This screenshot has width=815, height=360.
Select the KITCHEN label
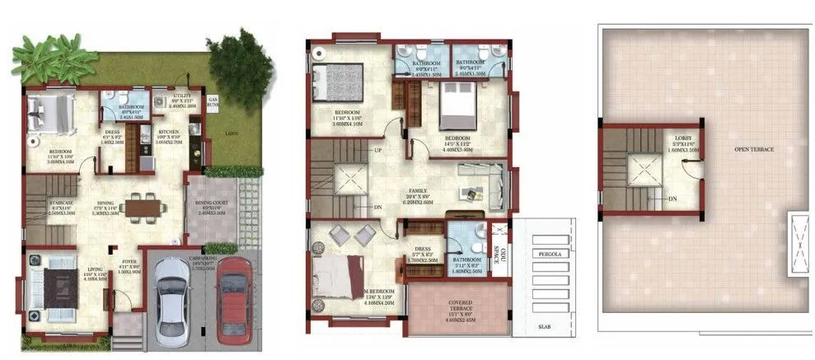coord(169,132)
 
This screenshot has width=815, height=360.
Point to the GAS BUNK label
coord(213,103)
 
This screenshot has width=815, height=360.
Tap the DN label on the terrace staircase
coord(672,199)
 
